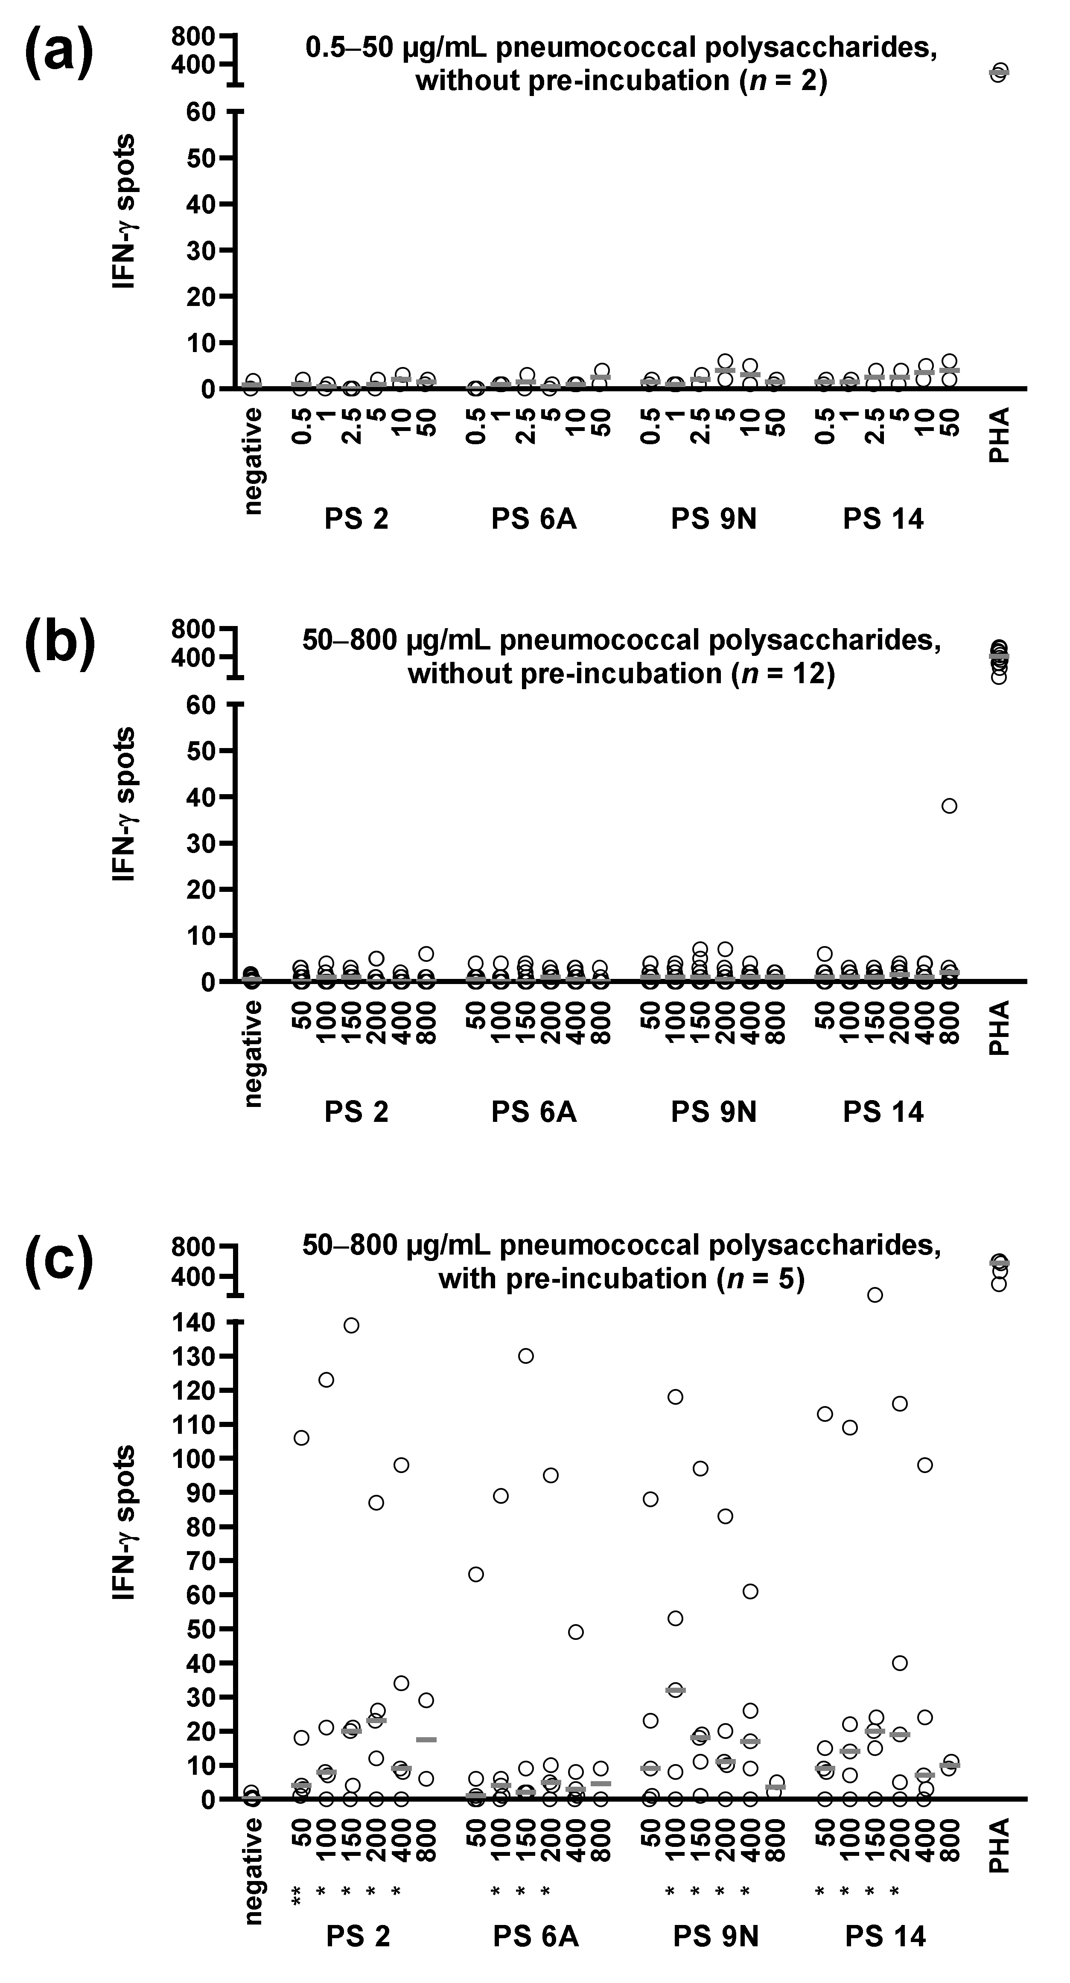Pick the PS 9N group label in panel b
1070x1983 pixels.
pyautogui.click(x=714, y=1112)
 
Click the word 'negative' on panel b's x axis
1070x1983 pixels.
pyautogui.click(x=253, y=1053)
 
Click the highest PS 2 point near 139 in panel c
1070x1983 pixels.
pyautogui.click(x=351, y=1325)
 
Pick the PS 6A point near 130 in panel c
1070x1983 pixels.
pyautogui.click(x=526, y=1356)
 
